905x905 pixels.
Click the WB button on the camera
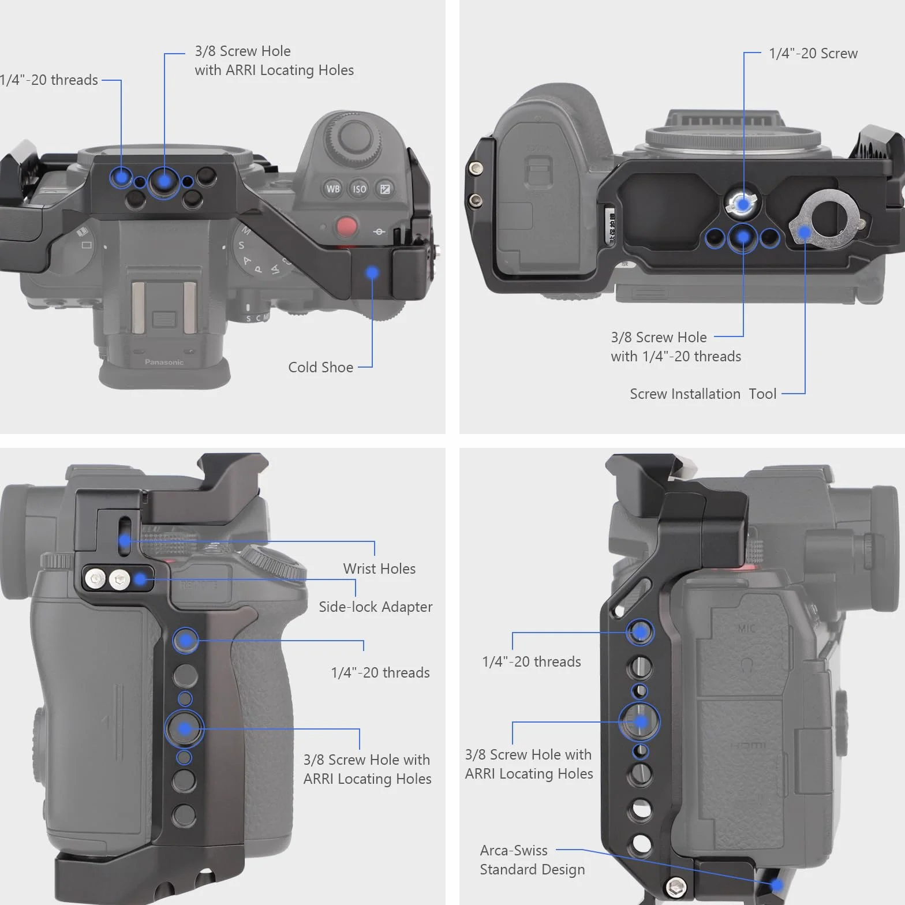(333, 189)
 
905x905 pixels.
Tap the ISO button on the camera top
(359, 189)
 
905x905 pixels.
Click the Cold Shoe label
(320, 367)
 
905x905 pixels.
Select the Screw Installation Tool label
(703, 394)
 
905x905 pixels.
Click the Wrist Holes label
(379, 569)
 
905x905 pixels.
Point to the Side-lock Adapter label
(375, 607)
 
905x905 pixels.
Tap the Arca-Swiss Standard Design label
(532, 860)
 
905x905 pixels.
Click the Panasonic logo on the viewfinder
(164, 362)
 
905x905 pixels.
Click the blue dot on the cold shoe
(372, 272)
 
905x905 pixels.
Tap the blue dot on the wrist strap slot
(125, 541)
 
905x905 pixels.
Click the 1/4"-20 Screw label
(813, 54)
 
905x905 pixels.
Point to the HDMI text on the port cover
(748, 746)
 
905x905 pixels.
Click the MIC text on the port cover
(746, 628)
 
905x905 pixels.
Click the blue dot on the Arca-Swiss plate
(776, 884)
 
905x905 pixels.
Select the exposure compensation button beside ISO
(385, 189)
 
